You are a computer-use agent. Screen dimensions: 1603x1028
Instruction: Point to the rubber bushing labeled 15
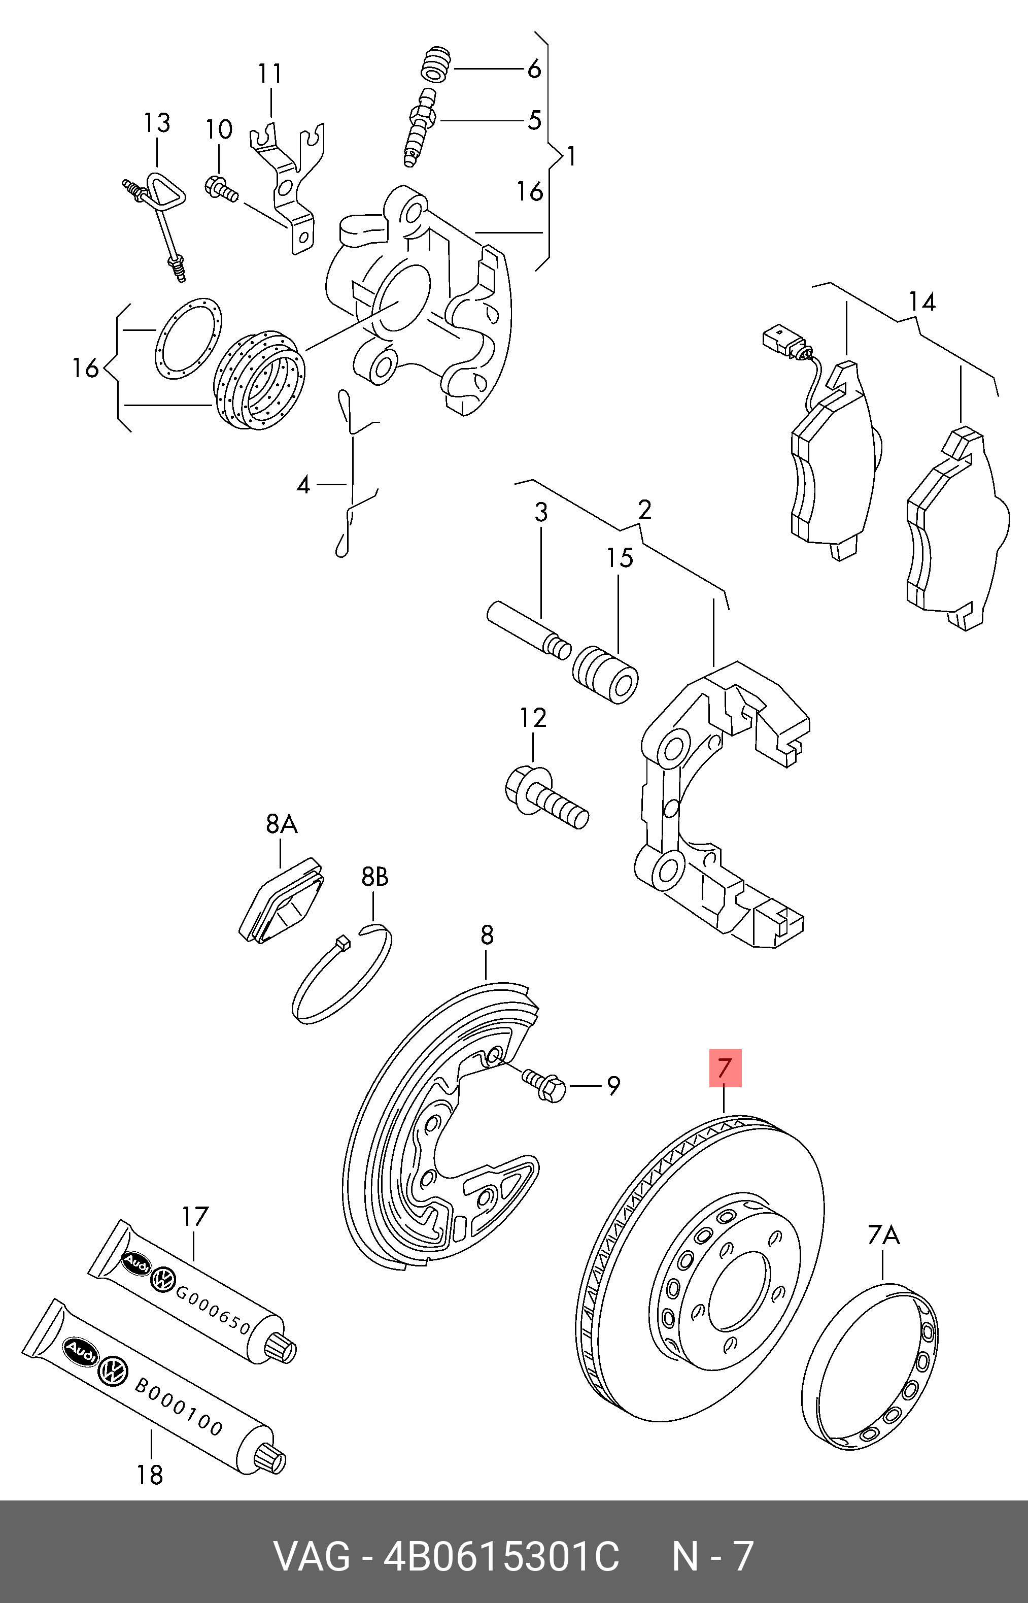[x=605, y=674]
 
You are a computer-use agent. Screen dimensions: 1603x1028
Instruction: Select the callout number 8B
[x=374, y=877]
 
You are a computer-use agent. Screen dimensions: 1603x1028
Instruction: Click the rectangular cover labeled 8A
[x=282, y=899]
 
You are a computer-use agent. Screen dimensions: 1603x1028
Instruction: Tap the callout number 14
[x=921, y=302]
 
